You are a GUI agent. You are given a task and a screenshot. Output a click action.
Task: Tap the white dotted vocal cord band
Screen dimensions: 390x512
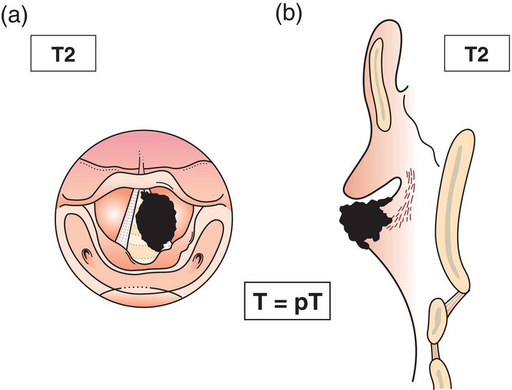point(128,218)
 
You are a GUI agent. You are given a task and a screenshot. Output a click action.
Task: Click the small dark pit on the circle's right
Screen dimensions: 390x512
point(201,256)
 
